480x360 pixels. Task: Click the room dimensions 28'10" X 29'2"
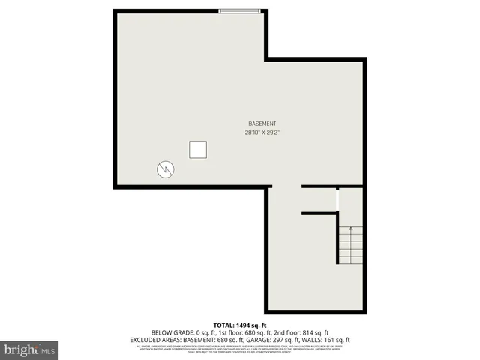pyautogui.click(x=262, y=133)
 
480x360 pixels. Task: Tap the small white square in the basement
pyautogui.click(x=199, y=150)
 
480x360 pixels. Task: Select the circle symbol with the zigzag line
pyautogui.click(x=165, y=169)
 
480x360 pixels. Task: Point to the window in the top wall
pyautogui.click(x=240, y=10)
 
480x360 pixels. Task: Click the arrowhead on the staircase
pyautogui.click(x=350, y=228)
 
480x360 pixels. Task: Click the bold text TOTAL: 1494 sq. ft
pyautogui.click(x=240, y=325)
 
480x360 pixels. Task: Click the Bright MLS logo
pyautogui.click(x=30, y=349)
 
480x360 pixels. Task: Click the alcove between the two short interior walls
pyautogui.click(x=319, y=199)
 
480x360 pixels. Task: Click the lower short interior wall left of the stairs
pyautogui.click(x=319, y=213)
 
